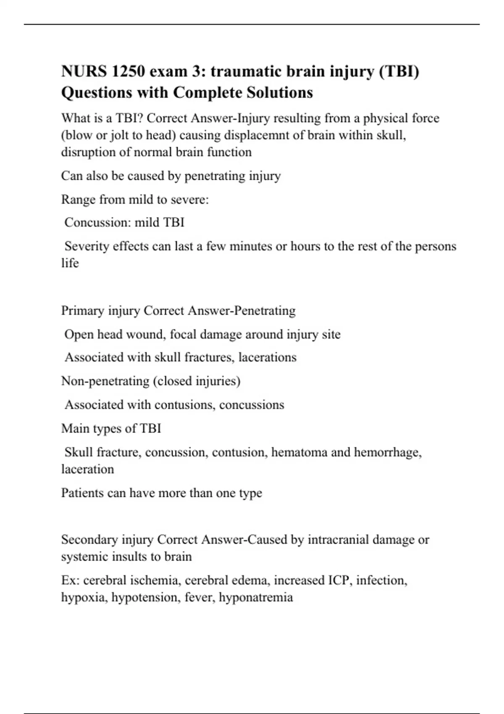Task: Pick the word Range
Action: coord(78,199)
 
